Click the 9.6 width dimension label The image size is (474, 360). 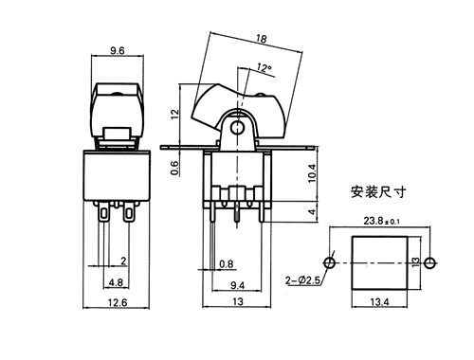(x=118, y=50)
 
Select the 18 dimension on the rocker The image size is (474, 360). (x=262, y=39)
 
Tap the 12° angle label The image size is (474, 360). (x=264, y=67)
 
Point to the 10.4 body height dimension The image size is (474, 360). (x=312, y=173)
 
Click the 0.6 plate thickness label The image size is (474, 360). (x=174, y=168)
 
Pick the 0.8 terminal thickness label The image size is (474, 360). (x=227, y=263)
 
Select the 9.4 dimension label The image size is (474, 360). (x=237, y=285)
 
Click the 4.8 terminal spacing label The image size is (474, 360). (x=116, y=282)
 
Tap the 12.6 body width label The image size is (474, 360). (x=118, y=302)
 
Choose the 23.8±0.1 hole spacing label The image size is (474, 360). (x=381, y=221)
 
